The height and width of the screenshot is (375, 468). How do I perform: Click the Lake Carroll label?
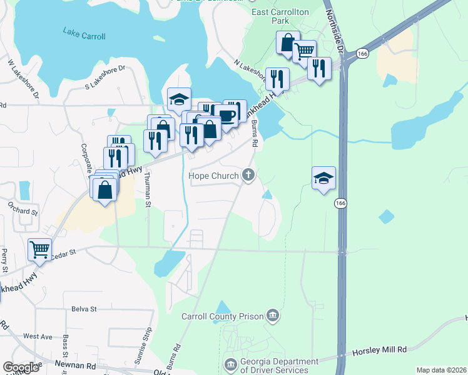tap(84, 36)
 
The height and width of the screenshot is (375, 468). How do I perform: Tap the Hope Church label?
tap(214, 176)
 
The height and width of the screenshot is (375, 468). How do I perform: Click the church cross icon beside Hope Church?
tap(249, 175)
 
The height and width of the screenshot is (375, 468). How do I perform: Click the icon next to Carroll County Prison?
tap(272, 315)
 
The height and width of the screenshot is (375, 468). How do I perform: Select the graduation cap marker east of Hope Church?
tap(324, 178)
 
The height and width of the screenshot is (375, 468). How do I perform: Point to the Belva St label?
tap(84, 309)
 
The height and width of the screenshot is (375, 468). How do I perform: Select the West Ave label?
tap(38, 336)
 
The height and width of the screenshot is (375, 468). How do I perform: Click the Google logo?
tap(21, 367)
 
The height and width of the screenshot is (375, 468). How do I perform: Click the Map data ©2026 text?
tap(441, 370)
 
